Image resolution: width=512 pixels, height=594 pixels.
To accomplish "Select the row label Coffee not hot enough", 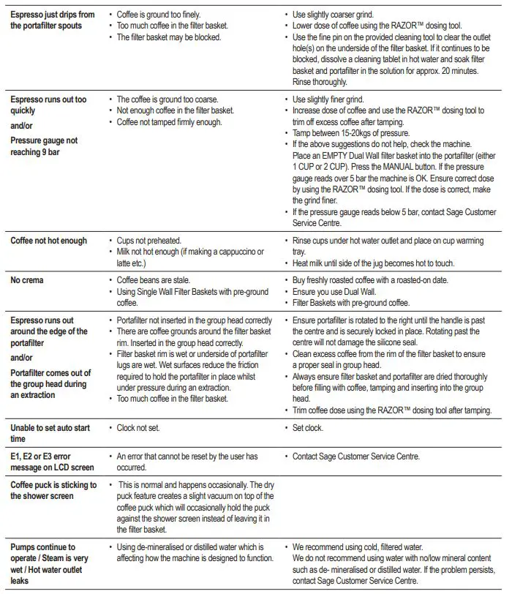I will point(48,241).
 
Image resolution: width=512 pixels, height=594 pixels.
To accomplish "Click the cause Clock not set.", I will point(142,428).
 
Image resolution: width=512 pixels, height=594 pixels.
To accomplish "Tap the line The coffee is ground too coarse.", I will point(167,99).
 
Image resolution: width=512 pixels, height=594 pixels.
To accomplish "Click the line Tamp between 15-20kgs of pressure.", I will point(350,132).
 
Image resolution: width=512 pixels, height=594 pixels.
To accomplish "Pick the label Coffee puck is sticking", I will point(53,490).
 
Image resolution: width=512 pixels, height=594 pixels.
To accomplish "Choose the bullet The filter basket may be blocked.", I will point(169,37).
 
